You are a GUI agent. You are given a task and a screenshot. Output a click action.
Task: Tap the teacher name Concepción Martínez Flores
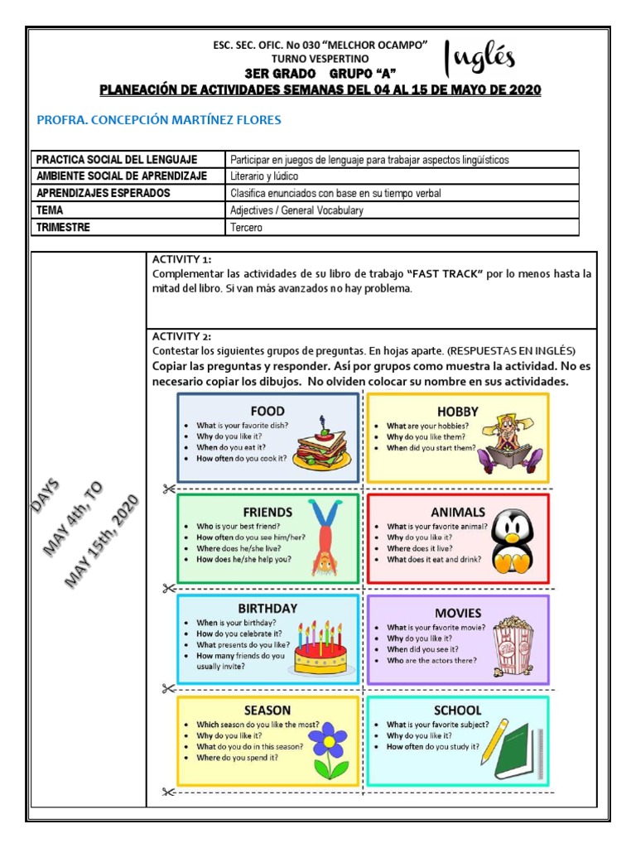click(x=160, y=120)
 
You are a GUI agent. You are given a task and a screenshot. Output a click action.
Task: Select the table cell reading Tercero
click(x=246, y=228)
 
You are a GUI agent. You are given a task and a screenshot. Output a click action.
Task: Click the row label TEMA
click(x=51, y=210)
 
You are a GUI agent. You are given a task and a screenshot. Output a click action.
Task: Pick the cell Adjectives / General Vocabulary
click(x=296, y=210)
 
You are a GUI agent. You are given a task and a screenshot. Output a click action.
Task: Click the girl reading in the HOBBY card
click(x=511, y=439)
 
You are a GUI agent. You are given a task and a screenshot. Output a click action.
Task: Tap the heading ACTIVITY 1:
click(x=181, y=259)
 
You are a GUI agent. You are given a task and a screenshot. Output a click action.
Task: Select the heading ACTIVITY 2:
click(x=181, y=336)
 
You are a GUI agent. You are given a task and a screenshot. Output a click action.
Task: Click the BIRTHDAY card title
click(x=267, y=608)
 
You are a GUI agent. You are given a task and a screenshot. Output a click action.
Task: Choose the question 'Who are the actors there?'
click(x=431, y=661)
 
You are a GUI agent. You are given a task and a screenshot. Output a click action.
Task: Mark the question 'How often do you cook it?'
click(x=241, y=458)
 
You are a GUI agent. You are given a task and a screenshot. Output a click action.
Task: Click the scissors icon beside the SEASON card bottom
click(x=168, y=793)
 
